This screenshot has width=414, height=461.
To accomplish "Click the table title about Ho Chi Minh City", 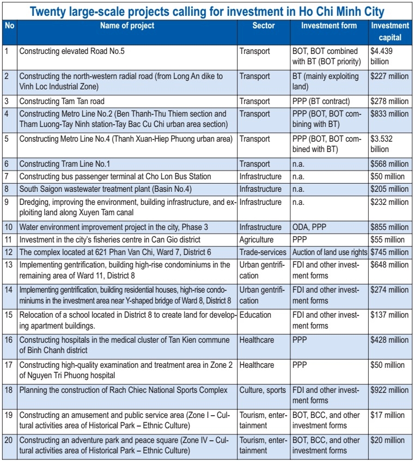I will [x=206, y=11].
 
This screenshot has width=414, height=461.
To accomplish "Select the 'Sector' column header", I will [x=264, y=26].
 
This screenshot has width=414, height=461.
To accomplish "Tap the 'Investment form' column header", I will [x=329, y=26].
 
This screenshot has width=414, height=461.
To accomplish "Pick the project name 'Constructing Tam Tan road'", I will [x=62, y=101].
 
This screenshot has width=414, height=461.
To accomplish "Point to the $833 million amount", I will [x=389, y=114].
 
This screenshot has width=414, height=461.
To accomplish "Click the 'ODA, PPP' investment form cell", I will [x=309, y=227].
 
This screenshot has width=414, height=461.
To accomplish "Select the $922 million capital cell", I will [x=389, y=390].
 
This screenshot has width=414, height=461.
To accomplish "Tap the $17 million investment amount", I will [x=387, y=415].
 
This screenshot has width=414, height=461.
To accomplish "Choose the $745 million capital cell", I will [x=389, y=252].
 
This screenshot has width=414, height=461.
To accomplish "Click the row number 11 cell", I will [x=8, y=240].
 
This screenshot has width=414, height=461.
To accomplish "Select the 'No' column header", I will [x=9, y=26].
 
